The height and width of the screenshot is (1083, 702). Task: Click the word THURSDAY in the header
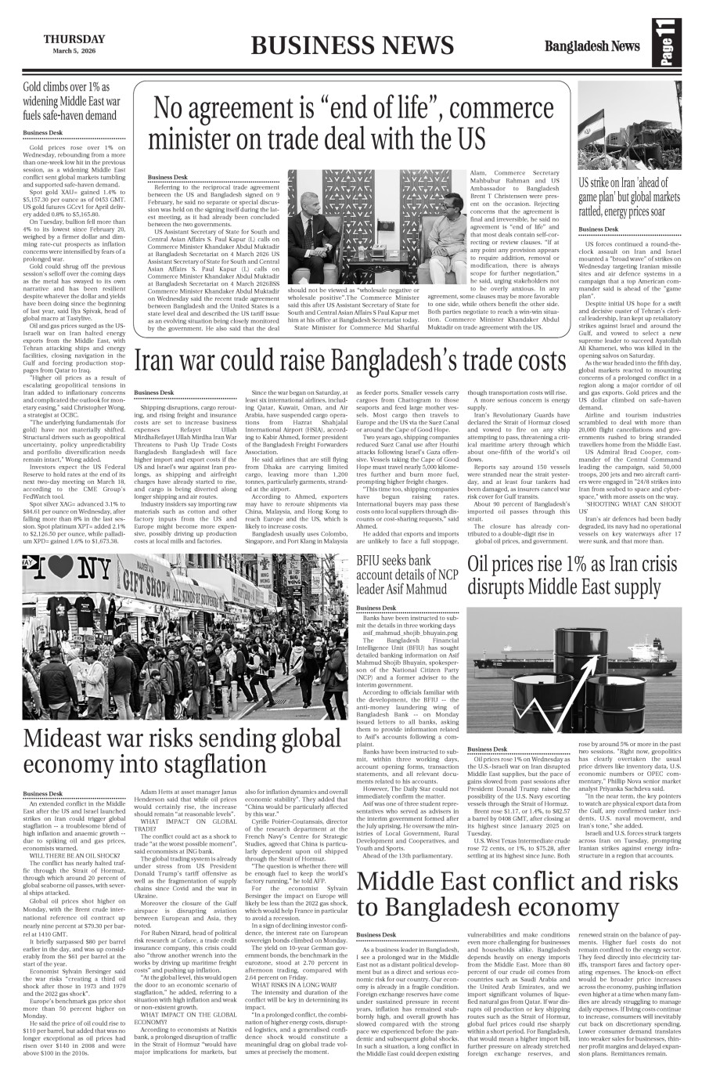[74, 39]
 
